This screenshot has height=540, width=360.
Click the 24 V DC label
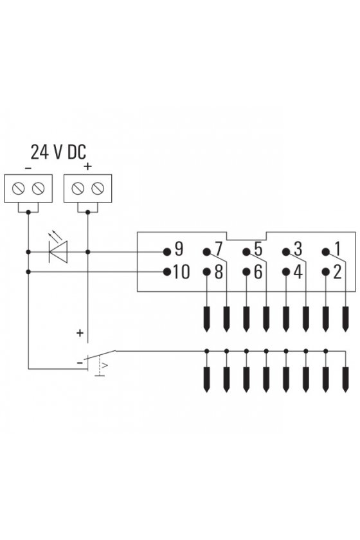[59, 152]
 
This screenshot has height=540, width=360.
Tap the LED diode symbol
[58, 252]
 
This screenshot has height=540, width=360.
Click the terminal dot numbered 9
[167, 252]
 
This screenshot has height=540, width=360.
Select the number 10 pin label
[181, 272]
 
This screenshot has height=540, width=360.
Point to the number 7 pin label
[219, 249]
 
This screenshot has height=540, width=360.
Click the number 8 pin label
[219, 272]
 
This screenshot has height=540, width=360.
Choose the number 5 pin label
[258, 249]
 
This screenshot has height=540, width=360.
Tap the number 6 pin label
[258, 272]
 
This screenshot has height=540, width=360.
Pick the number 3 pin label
[298, 249]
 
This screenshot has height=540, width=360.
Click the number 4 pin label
[298, 272]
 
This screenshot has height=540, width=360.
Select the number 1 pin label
[337, 249]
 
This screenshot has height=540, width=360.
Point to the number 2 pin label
[337, 272]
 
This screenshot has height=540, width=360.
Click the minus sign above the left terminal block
[28, 168]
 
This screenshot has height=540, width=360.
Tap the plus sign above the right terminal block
[88, 166]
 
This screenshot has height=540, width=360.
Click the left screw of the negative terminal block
[18, 188]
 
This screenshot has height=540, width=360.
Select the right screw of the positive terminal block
[98, 188]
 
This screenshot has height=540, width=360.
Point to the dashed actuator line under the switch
[99, 366]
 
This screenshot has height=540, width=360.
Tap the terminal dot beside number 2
[325, 272]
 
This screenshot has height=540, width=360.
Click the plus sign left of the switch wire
[80, 333]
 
